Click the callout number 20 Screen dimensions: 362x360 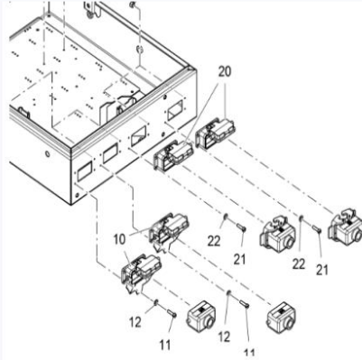click(225, 72)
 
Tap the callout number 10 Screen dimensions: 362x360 click(119, 240)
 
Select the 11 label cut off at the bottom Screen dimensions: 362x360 click(249, 354)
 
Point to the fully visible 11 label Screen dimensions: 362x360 click(165, 345)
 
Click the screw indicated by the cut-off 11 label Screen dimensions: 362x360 click(244, 304)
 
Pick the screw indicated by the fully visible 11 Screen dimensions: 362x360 click(172, 313)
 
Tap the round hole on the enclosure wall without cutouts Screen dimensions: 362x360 click(47, 154)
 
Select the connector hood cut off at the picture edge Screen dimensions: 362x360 click(345, 224)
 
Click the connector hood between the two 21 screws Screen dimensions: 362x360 click(277, 233)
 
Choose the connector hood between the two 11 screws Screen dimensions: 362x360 click(200, 316)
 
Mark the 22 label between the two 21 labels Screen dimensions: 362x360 click(299, 264)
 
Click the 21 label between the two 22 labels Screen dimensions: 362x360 click(240, 260)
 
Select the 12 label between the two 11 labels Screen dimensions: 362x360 click(224, 337)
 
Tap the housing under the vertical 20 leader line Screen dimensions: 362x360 click(215, 134)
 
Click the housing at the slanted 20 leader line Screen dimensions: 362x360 click(173, 155)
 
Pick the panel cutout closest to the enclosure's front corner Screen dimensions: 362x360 click(84, 171)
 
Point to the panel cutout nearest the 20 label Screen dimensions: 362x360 click(174, 111)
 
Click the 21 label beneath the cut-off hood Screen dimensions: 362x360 click(321, 270)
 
